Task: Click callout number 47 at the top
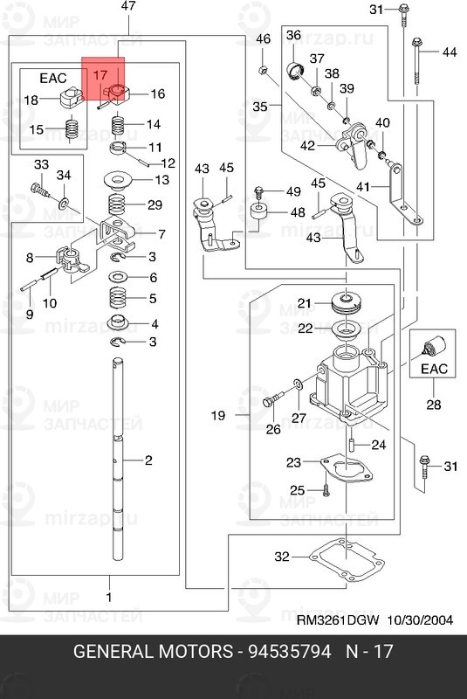tap(128, 6)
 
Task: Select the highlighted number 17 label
tap(100, 75)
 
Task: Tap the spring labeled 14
tap(118, 125)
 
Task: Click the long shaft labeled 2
tap(118, 460)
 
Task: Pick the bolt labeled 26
tap(273, 398)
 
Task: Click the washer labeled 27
tap(298, 384)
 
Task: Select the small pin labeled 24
tap(351, 445)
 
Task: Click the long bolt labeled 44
tap(417, 61)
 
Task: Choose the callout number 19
tap(217, 416)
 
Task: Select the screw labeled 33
tap(39, 190)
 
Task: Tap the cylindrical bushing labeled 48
tap(258, 211)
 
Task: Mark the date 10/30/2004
tap(420, 620)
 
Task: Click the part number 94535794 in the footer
tap(290, 651)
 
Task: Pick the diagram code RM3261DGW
tap(338, 620)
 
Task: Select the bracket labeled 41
tap(404, 194)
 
